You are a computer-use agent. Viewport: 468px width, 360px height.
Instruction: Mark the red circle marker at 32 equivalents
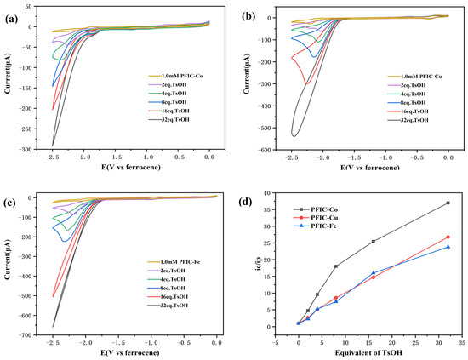(x=448, y=237)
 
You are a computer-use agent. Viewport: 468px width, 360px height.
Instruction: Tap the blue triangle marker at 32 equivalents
(x=448, y=247)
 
